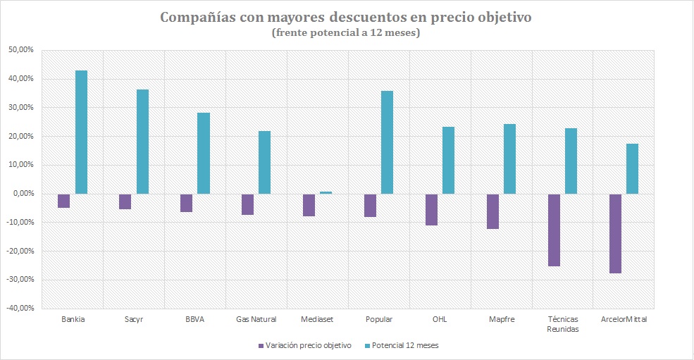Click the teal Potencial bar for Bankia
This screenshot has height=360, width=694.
pos(81,132)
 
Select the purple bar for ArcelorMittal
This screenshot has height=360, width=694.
pos(615,233)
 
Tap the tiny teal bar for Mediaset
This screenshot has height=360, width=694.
pos(326,192)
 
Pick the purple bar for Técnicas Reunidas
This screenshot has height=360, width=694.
pos(554,230)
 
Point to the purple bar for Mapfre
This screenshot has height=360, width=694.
pos(492,211)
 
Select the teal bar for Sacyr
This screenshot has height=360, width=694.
pos(142,142)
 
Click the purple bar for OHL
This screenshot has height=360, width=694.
pos(431,209)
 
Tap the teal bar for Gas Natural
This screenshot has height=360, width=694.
pos(265,162)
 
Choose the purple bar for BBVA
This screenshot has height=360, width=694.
pos(187,203)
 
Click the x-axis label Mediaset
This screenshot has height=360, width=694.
pos(317,320)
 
